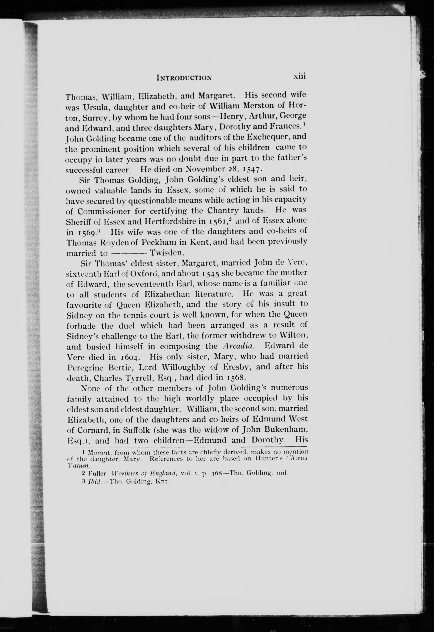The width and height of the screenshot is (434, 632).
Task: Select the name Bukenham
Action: click(x=291, y=429)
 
